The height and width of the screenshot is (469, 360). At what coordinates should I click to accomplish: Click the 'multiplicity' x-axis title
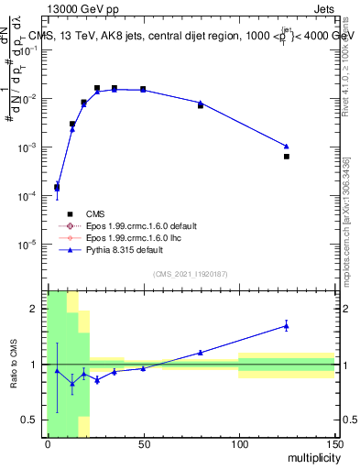point(308,456)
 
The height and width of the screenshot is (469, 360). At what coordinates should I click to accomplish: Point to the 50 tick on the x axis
point(143,444)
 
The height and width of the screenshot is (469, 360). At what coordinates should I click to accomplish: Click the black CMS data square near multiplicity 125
point(287,157)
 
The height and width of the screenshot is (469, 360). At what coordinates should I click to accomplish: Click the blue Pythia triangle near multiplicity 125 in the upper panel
point(287,146)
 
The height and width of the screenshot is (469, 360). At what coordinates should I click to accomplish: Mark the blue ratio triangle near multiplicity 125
point(287,325)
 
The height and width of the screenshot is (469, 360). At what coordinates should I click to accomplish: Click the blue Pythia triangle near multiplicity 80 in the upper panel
point(201,103)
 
